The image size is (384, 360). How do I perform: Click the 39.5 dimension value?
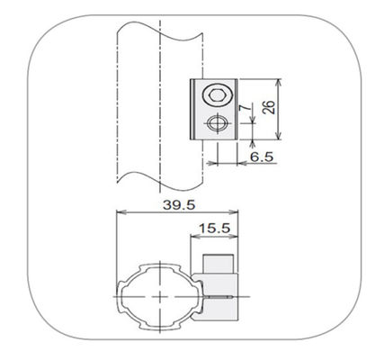pos(179,205)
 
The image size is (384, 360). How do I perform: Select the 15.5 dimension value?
pos(215,229)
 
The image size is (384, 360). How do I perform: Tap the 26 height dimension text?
pos(269,107)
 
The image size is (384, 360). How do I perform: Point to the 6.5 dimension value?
pos(262,157)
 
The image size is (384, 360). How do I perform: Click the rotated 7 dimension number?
pos(243,108)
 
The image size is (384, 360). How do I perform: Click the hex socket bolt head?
pos(217,95)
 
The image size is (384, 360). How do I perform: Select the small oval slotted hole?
pos(217,123)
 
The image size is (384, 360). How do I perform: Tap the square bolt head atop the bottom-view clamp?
pos(219,264)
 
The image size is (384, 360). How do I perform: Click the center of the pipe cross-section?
pos(160,296)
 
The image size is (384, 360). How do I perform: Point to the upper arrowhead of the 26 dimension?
pos(279,83)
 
